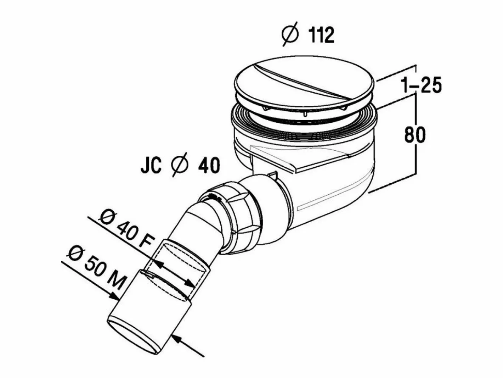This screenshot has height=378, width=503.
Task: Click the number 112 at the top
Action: [321, 35]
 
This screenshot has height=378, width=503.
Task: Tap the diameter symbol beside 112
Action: [290, 34]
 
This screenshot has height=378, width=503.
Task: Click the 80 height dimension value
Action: [415, 135]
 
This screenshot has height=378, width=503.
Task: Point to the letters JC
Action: [151, 165]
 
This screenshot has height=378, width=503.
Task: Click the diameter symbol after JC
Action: [180, 164]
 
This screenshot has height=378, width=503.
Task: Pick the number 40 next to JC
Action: [209, 165]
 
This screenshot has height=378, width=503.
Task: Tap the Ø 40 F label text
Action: [126, 230]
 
